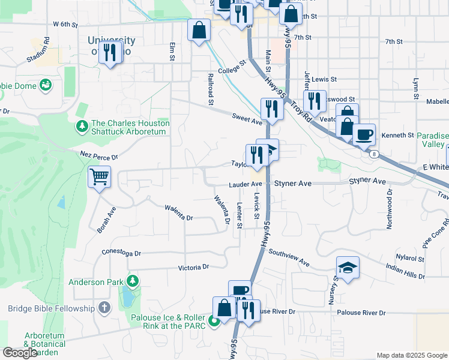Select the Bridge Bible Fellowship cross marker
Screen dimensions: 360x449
tap(104, 308)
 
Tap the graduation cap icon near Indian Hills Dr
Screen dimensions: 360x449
tap(348, 268)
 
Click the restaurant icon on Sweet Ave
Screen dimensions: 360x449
tap(273, 109)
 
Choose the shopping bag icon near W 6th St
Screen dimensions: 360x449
tap(199, 30)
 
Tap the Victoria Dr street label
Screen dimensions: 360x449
tap(193, 267)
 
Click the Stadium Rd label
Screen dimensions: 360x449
tap(38, 52)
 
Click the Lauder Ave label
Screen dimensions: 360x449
tap(245, 184)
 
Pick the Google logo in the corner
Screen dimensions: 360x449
tap(20, 353)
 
